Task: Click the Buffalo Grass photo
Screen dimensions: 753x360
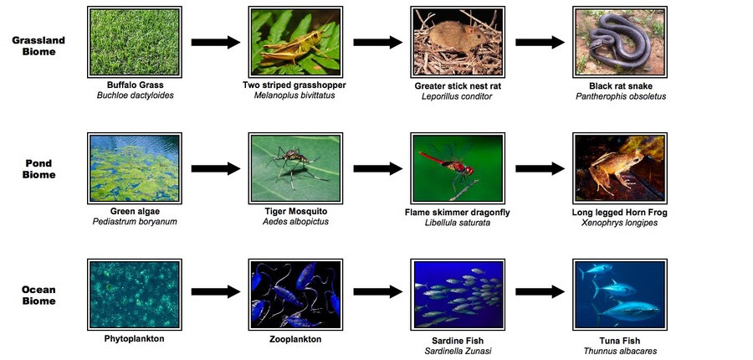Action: [x=135, y=42]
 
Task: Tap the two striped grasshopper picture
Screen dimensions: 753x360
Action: [x=296, y=42]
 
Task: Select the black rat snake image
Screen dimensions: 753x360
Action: [x=620, y=42]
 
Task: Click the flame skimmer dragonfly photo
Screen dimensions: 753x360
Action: [x=458, y=168]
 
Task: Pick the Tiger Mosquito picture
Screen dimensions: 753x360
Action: [x=296, y=168]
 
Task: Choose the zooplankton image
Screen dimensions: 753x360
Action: [x=296, y=295]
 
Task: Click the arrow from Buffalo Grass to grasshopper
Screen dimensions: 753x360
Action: [x=216, y=43]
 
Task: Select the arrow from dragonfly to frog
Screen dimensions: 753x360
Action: [x=540, y=169]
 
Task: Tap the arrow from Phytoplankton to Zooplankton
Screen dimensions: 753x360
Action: [x=216, y=291]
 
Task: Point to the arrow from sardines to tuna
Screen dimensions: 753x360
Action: [x=540, y=291]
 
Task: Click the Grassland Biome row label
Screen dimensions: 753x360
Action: [x=38, y=46]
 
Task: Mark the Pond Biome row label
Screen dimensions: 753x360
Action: [x=38, y=169]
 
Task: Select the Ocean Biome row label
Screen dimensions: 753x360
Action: [x=38, y=295]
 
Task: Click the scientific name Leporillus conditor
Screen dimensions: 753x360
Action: [x=457, y=96]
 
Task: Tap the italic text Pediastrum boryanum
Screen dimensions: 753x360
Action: [x=135, y=222]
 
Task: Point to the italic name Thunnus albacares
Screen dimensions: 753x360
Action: [x=620, y=351]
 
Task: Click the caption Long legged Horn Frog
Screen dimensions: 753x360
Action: [x=619, y=212]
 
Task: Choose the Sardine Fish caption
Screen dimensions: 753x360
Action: [x=457, y=341]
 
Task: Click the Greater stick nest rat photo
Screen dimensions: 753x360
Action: [x=458, y=42]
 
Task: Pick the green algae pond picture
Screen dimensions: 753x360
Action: [x=135, y=168]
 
